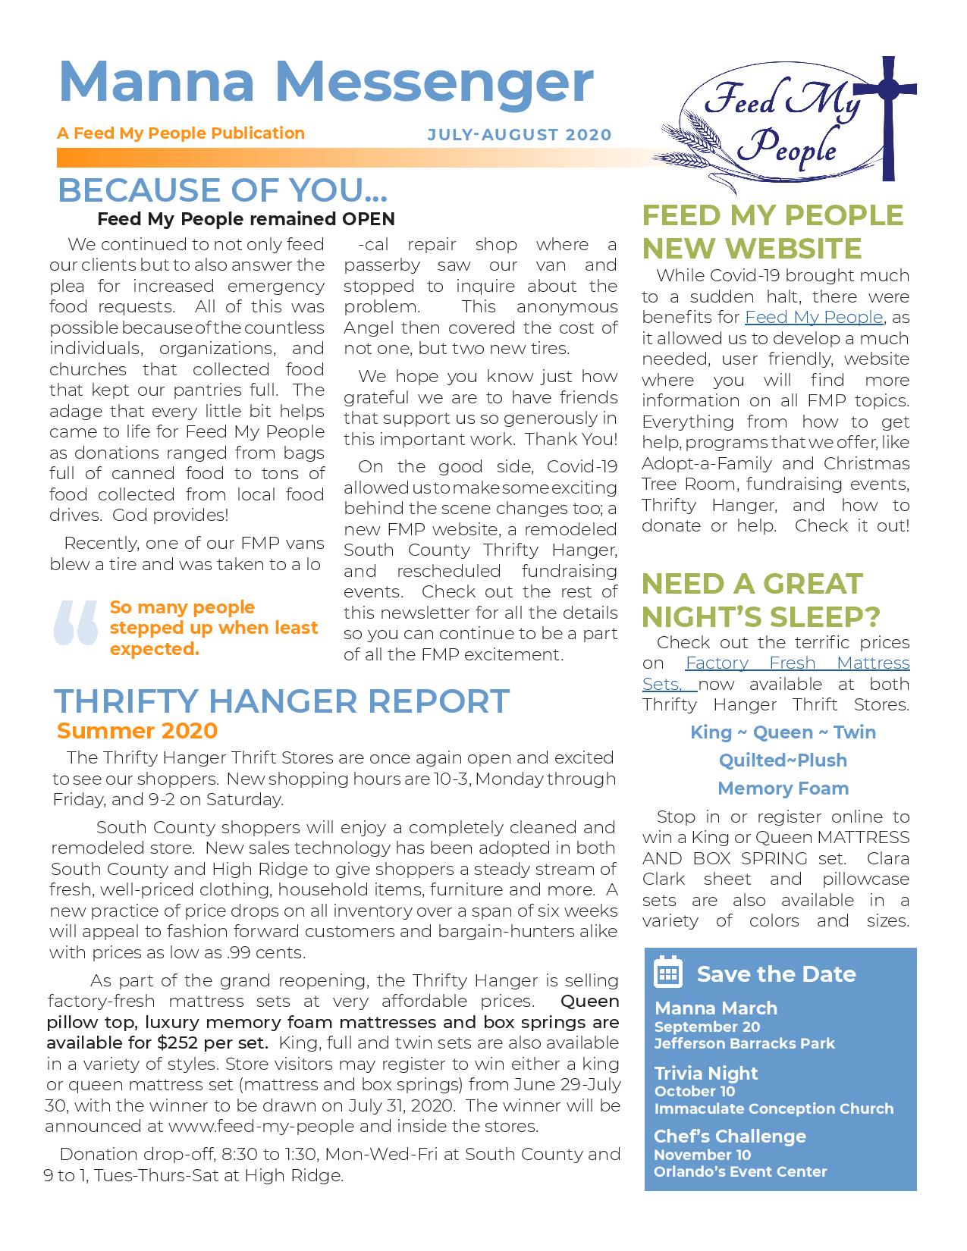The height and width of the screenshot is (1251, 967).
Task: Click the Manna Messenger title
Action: pyautogui.click(x=325, y=82)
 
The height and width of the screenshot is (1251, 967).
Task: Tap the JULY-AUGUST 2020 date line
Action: pyautogui.click(x=519, y=135)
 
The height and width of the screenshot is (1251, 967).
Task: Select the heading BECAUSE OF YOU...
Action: pyautogui.click(x=222, y=190)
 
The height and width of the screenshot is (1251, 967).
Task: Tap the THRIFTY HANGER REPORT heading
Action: pyautogui.click(x=281, y=701)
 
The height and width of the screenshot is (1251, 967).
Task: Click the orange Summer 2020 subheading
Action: pyautogui.click(x=137, y=731)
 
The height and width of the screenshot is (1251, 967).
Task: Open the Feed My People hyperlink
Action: pyautogui.click(x=814, y=317)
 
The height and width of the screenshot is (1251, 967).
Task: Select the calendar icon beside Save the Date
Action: pyautogui.click(x=668, y=973)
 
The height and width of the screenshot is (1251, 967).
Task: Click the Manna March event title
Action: pyautogui.click(x=715, y=1008)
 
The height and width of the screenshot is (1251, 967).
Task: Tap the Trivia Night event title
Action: pyautogui.click(x=706, y=1073)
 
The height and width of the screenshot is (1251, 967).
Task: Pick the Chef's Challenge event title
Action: pyautogui.click(x=730, y=1137)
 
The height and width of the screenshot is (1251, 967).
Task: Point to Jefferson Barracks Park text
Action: pyautogui.click(x=744, y=1043)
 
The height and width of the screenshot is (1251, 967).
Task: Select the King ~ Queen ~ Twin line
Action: pyautogui.click(x=783, y=732)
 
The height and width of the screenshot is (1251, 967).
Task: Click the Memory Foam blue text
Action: pyautogui.click(x=783, y=789)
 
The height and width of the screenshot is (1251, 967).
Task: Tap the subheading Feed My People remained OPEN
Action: pyautogui.click(x=246, y=219)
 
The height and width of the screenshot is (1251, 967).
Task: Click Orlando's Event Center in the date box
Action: pyautogui.click(x=740, y=1171)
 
